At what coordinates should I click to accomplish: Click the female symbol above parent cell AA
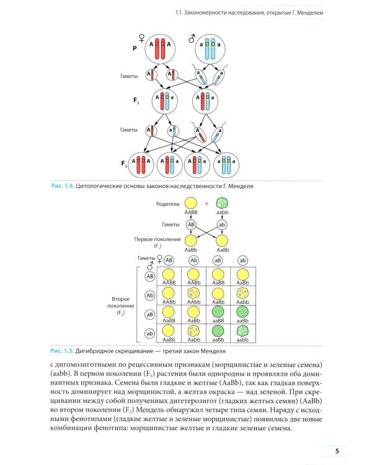tap(144, 40)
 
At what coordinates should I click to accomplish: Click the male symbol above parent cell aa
tap(192, 39)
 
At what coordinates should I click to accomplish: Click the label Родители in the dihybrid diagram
tap(169, 203)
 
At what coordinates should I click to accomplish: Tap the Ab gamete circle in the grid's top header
tap(193, 260)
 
